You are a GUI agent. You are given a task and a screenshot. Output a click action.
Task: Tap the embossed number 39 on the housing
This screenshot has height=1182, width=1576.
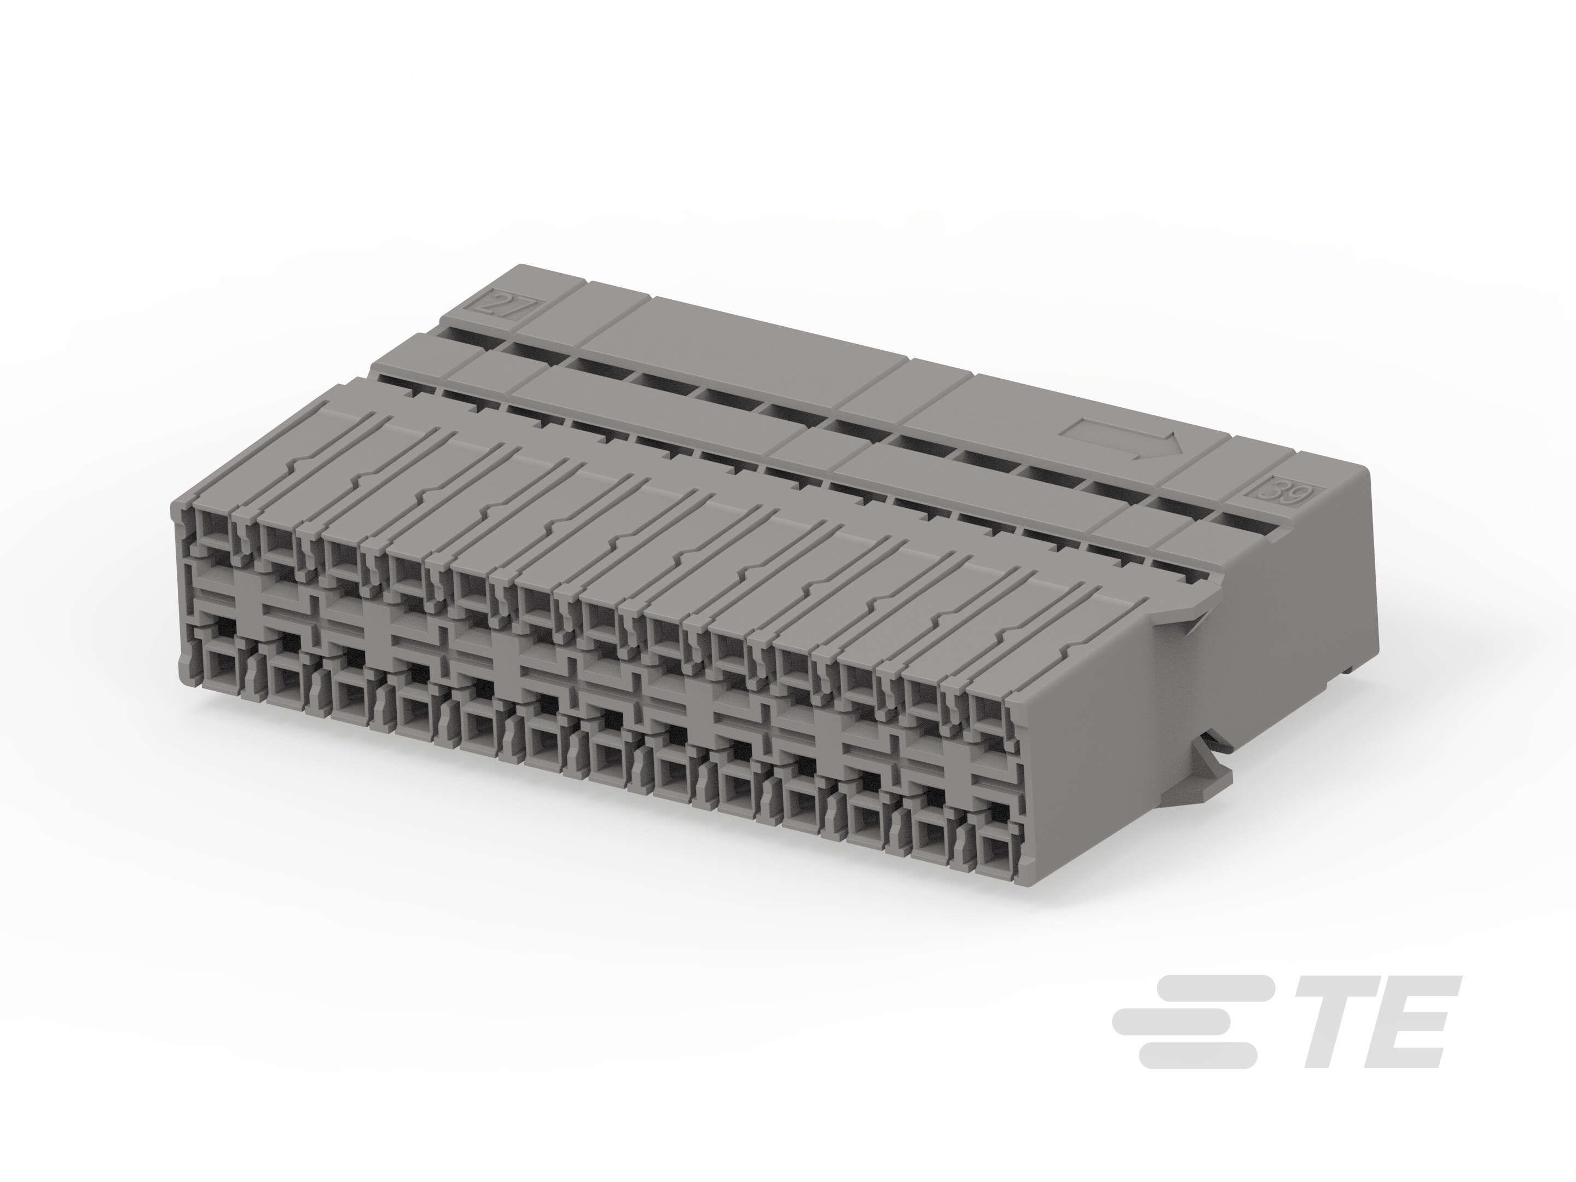[1288, 493]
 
